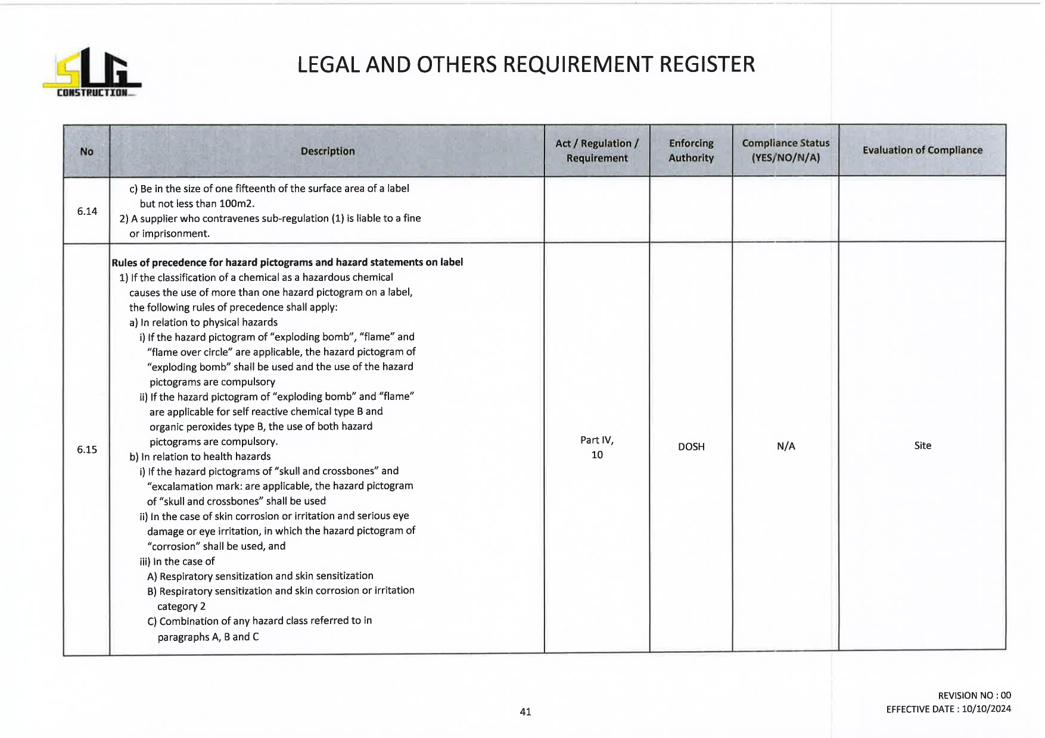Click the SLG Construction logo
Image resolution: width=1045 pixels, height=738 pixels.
pos(92,73)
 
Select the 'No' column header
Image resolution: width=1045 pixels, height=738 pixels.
pos(86,151)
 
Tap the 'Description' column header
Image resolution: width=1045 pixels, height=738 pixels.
pos(327,151)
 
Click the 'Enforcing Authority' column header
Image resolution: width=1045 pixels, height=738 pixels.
pos(691,151)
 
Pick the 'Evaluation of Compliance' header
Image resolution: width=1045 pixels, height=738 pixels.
pos(922,150)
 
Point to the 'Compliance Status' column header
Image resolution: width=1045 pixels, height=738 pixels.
pos(785,151)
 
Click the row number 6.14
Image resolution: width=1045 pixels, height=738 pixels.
pos(87,211)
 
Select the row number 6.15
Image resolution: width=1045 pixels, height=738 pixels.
pos(87,449)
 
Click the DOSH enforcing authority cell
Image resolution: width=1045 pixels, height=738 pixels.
pos(691,446)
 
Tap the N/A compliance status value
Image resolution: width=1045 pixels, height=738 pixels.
pos(785,446)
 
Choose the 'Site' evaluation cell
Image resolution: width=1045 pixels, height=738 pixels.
pos(922,445)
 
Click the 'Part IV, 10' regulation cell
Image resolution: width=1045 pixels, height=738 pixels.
pos(596,447)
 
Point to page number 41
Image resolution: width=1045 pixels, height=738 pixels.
pos(525,711)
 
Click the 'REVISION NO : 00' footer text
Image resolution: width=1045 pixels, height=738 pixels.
pos(974,695)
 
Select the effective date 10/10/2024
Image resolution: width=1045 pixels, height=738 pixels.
pos(986,709)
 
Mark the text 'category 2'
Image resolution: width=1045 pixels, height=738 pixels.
pos(181,606)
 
